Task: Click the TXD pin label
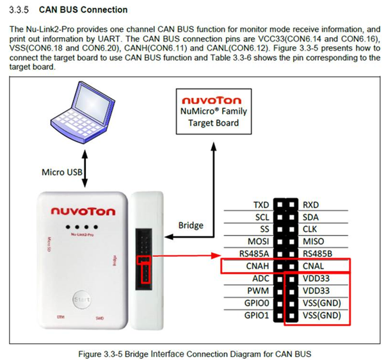click(260, 205)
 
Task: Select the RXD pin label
click(311, 205)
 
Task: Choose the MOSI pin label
click(257, 241)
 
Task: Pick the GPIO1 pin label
click(257, 315)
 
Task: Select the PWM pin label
click(259, 291)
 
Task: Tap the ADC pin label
click(260, 278)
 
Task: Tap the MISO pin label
click(312, 241)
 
